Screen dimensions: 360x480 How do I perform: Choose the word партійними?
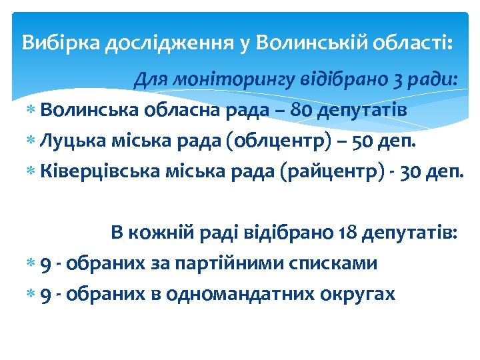[x=251, y=263]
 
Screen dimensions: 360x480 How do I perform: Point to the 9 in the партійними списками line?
[x=45, y=264]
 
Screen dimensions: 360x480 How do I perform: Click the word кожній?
[x=160, y=233]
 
